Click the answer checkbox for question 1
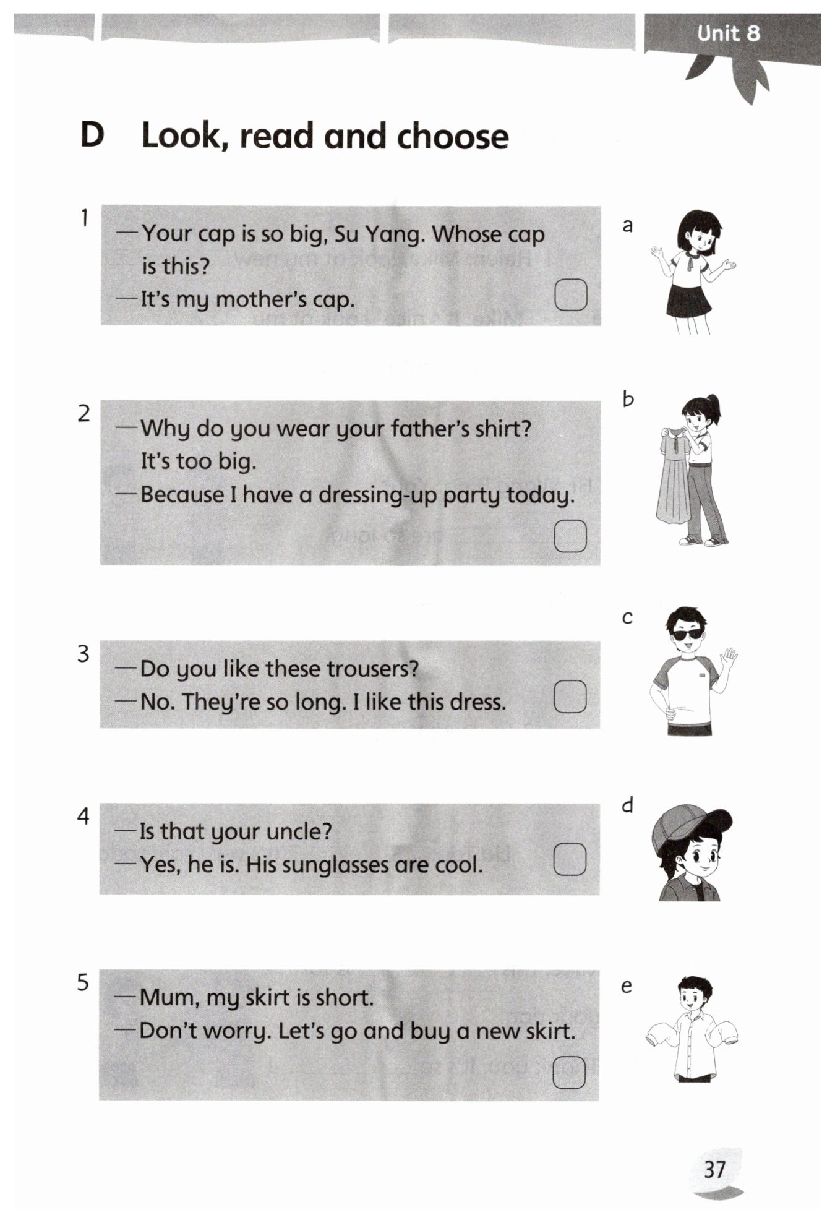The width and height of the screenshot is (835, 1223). tap(570, 294)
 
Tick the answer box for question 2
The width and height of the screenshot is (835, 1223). tap(570, 535)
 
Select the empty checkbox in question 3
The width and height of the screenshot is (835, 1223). tap(570, 697)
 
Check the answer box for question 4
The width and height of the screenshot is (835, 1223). tap(570, 859)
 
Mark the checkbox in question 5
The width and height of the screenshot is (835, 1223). tap(569, 1072)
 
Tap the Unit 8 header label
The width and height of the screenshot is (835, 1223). tap(728, 33)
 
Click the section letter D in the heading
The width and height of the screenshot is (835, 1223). tap(92, 135)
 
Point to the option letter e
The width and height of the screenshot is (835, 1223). tap(627, 985)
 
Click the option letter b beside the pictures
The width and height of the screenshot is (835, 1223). tap(628, 399)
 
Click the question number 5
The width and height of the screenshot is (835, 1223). tap(83, 982)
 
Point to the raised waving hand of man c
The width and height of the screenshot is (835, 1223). tap(730, 658)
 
